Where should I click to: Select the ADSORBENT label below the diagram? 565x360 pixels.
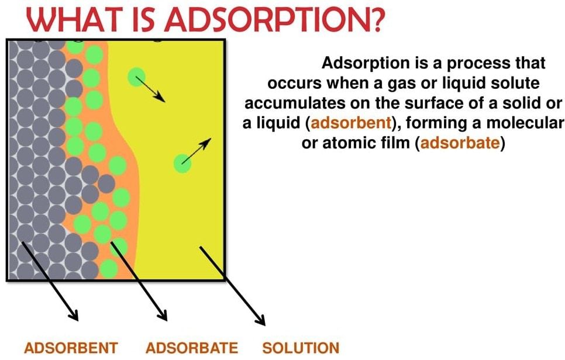(71, 348)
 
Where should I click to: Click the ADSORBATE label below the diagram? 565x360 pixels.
(192, 348)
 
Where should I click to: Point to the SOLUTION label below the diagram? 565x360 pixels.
(301, 348)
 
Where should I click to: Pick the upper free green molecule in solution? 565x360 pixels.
(137, 76)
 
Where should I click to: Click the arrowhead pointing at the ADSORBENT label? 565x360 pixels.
(74, 316)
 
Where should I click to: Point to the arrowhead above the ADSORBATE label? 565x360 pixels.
(163, 316)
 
